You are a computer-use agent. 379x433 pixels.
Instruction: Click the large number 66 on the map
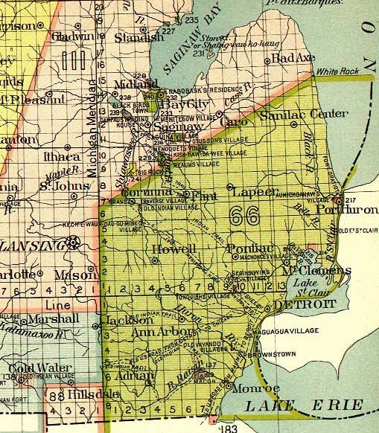tap(244, 216)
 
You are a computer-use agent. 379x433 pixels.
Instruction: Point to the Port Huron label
tap(355, 211)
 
